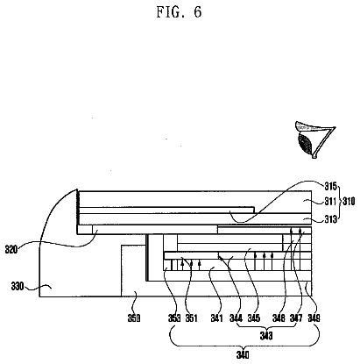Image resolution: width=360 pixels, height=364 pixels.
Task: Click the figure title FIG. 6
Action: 179,12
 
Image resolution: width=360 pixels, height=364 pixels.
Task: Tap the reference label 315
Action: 331,186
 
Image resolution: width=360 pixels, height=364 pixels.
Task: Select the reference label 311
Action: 331,201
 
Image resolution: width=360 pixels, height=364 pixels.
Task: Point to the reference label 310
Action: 349,201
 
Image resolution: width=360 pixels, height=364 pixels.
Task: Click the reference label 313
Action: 331,219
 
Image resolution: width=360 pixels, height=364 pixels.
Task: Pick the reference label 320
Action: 11,249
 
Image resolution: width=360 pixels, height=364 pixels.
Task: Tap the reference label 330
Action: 18,286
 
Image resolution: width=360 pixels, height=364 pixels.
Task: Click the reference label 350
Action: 134,318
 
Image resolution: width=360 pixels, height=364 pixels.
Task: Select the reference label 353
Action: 174,318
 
